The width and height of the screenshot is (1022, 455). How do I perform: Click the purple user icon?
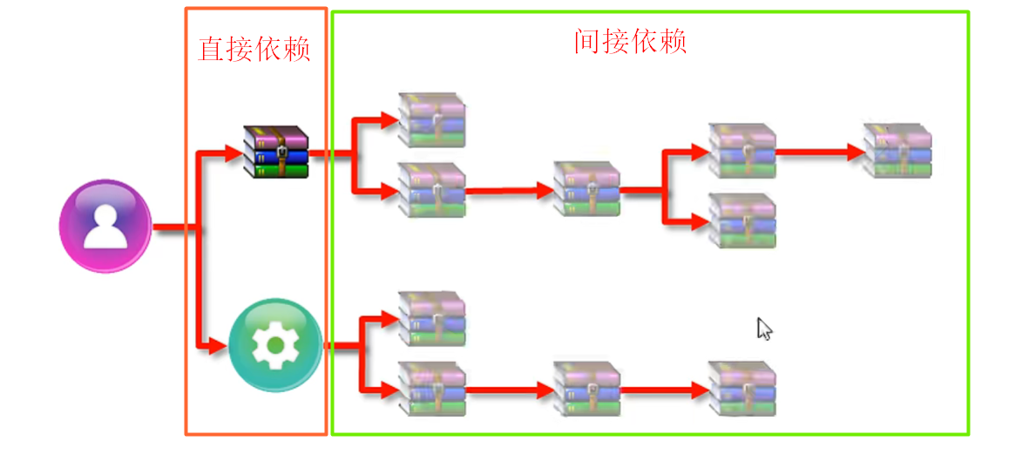pyautogui.click(x=105, y=227)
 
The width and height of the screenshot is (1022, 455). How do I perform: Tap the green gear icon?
pyautogui.click(x=275, y=345)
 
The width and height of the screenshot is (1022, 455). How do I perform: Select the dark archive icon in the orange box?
pyautogui.click(x=275, y=151)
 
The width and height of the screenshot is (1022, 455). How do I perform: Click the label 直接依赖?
pyautogui.click(x=254, y=49)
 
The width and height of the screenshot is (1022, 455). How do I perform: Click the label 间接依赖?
pyautogui.click(x=630, y=41)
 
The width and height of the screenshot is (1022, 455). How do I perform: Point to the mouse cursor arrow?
pyautogui.click(x=764, y=329)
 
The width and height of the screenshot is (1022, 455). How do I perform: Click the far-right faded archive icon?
pyautogui.click(x=897, y=151)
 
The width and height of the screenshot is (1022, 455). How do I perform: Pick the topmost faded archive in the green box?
pyautogui.click(x=431, y=119)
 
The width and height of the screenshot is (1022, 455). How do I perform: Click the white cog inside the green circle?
pyautogui.click(x=275, y=345)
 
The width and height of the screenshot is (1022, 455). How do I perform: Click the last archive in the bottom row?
pyautogui.click(x=741, y=389)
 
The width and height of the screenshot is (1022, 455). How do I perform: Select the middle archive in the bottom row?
pyautogui.click(x=586, y=389)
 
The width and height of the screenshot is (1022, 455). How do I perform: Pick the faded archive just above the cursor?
pyautogui.click(x=741, y=220)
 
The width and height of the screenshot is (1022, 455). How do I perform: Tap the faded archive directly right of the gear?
pyautogui.click(x=431, y=318)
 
